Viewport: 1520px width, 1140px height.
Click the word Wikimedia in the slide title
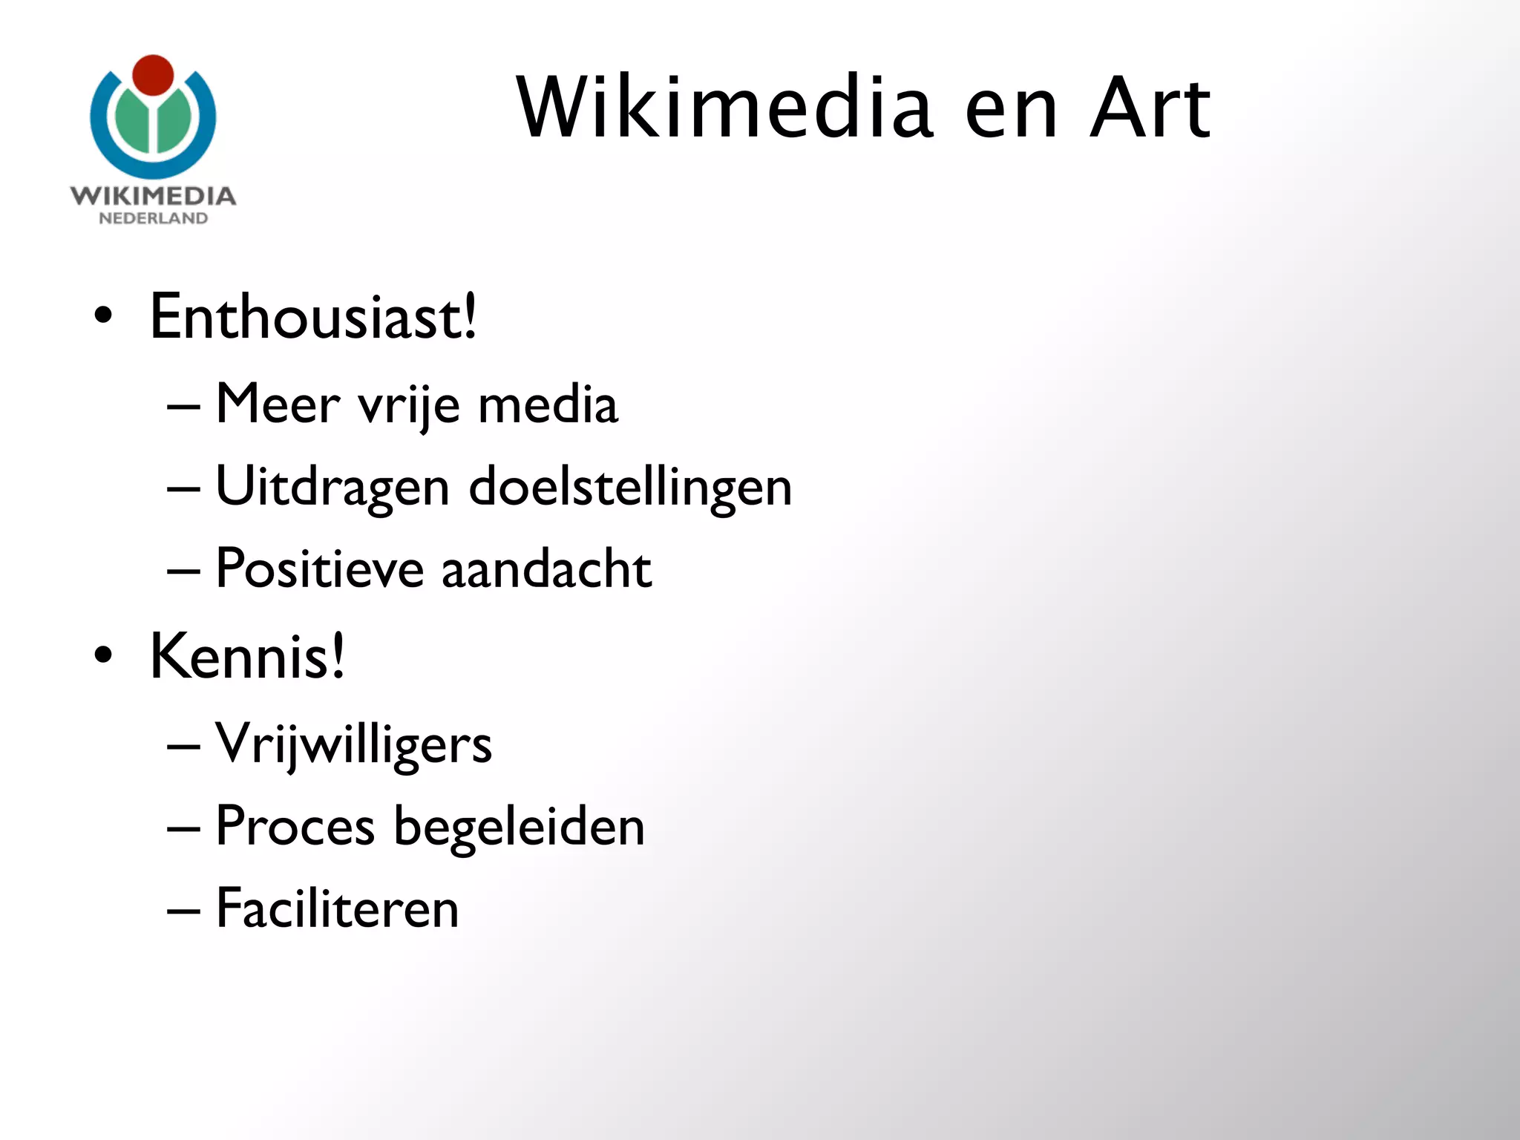tap(724, 108)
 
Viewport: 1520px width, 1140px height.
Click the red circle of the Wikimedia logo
tap(153, 75)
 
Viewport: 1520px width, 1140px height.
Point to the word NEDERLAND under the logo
tap(153, 218)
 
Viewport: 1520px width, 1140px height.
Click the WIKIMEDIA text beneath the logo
tap(153, 196)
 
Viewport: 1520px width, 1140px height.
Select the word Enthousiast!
tap(313, 318)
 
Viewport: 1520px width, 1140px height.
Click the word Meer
tap(278, 404)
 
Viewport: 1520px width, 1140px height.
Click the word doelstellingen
tap(631, 488)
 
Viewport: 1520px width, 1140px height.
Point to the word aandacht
tap(547, 569)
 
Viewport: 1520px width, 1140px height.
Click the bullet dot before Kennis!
tap(104, 655)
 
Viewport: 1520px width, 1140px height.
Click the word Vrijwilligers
tap(353, 744)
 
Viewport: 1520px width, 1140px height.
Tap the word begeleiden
tap(519, 827)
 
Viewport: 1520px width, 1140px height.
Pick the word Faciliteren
tap(338, 908)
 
